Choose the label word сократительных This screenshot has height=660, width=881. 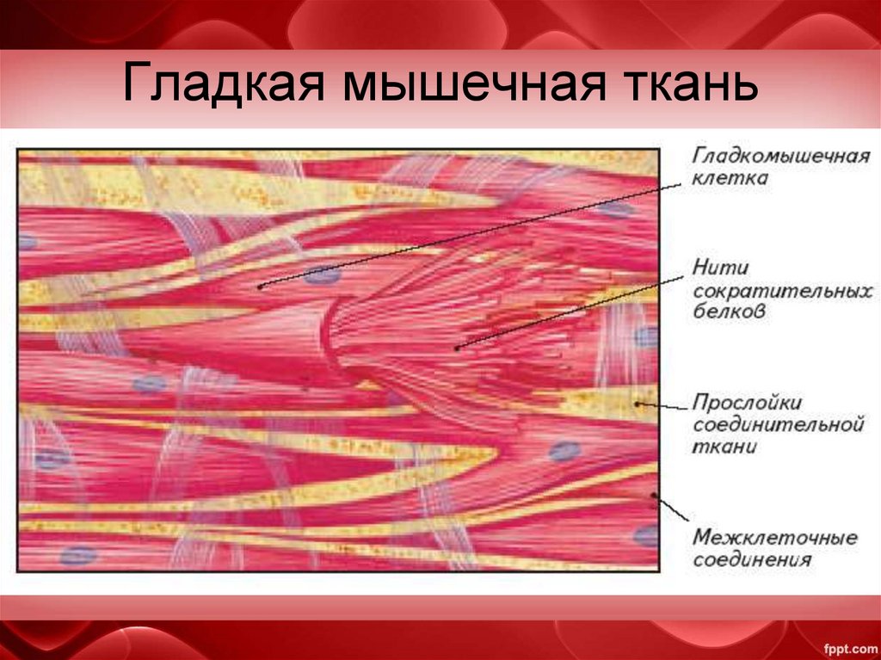[x=776, y=292]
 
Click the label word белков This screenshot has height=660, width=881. [x=727, y=313]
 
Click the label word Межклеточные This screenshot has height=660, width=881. [x=774, y=538]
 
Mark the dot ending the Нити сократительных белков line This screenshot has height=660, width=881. [x=457, y=348]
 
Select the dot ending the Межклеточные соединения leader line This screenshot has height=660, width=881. [x=655, y=495]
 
